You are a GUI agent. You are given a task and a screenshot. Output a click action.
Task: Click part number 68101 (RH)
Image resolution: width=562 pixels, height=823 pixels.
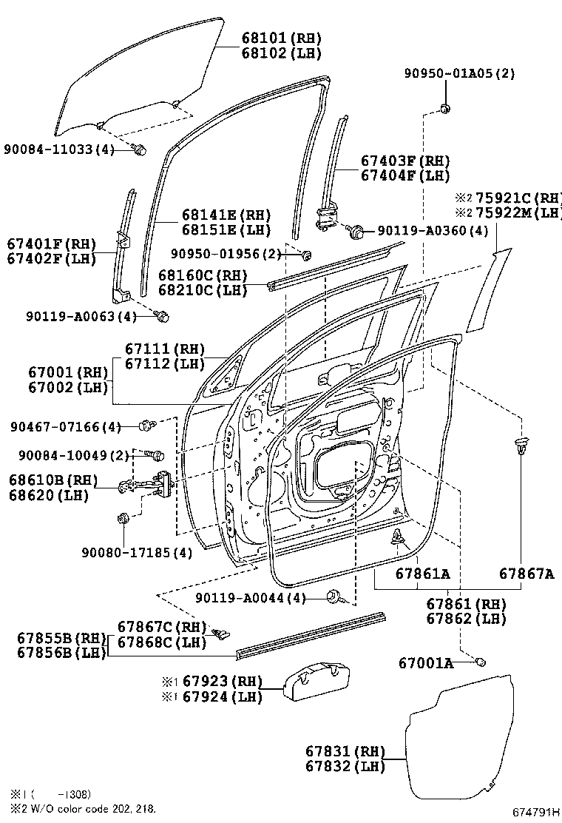click(x=271, y=38)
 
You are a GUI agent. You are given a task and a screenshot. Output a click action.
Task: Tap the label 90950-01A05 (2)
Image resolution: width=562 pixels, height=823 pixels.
click(x=459, y=73)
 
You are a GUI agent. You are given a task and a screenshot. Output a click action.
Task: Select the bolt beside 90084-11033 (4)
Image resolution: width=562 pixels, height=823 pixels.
click(x=139, y=150)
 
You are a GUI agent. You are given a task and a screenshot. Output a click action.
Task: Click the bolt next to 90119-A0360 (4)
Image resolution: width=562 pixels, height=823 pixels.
click(x=356, y=232)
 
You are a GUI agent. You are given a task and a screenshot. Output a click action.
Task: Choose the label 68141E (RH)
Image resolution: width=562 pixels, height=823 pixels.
click(x=226, y=215)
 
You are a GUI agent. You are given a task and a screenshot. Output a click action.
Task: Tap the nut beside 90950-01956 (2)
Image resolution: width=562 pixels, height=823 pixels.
click(x=305, y=255)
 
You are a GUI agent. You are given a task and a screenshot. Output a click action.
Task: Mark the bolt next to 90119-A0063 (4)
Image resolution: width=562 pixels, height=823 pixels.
click(x=163, y=317)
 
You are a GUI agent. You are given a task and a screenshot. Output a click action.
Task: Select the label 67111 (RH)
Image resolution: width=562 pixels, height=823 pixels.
click(x=164, y=349)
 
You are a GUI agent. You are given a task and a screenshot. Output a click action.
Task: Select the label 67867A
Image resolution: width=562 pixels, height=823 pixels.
click(x=526, y=573)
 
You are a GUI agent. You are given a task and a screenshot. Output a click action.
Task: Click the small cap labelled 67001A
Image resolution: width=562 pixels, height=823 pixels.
click(x=479, y=660)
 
